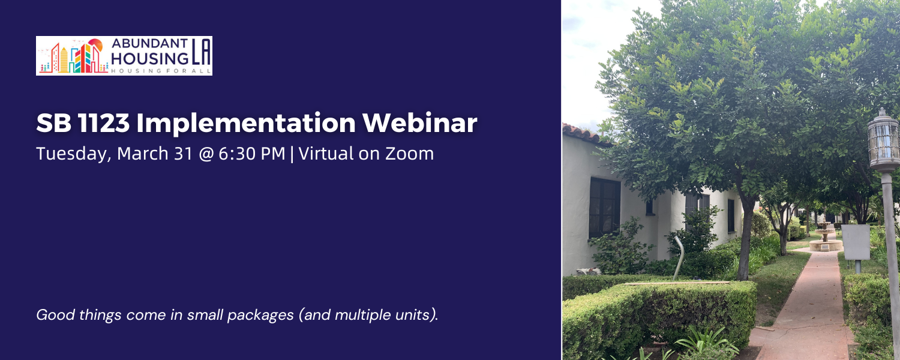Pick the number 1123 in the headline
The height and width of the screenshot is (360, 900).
tap(96, 124)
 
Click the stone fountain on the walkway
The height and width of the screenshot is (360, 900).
tap(826, 238)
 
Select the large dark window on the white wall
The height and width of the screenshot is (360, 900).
tap(604, 207)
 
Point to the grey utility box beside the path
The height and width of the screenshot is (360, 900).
tap(855, 242)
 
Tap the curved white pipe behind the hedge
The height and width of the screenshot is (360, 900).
tap(679, 255)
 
